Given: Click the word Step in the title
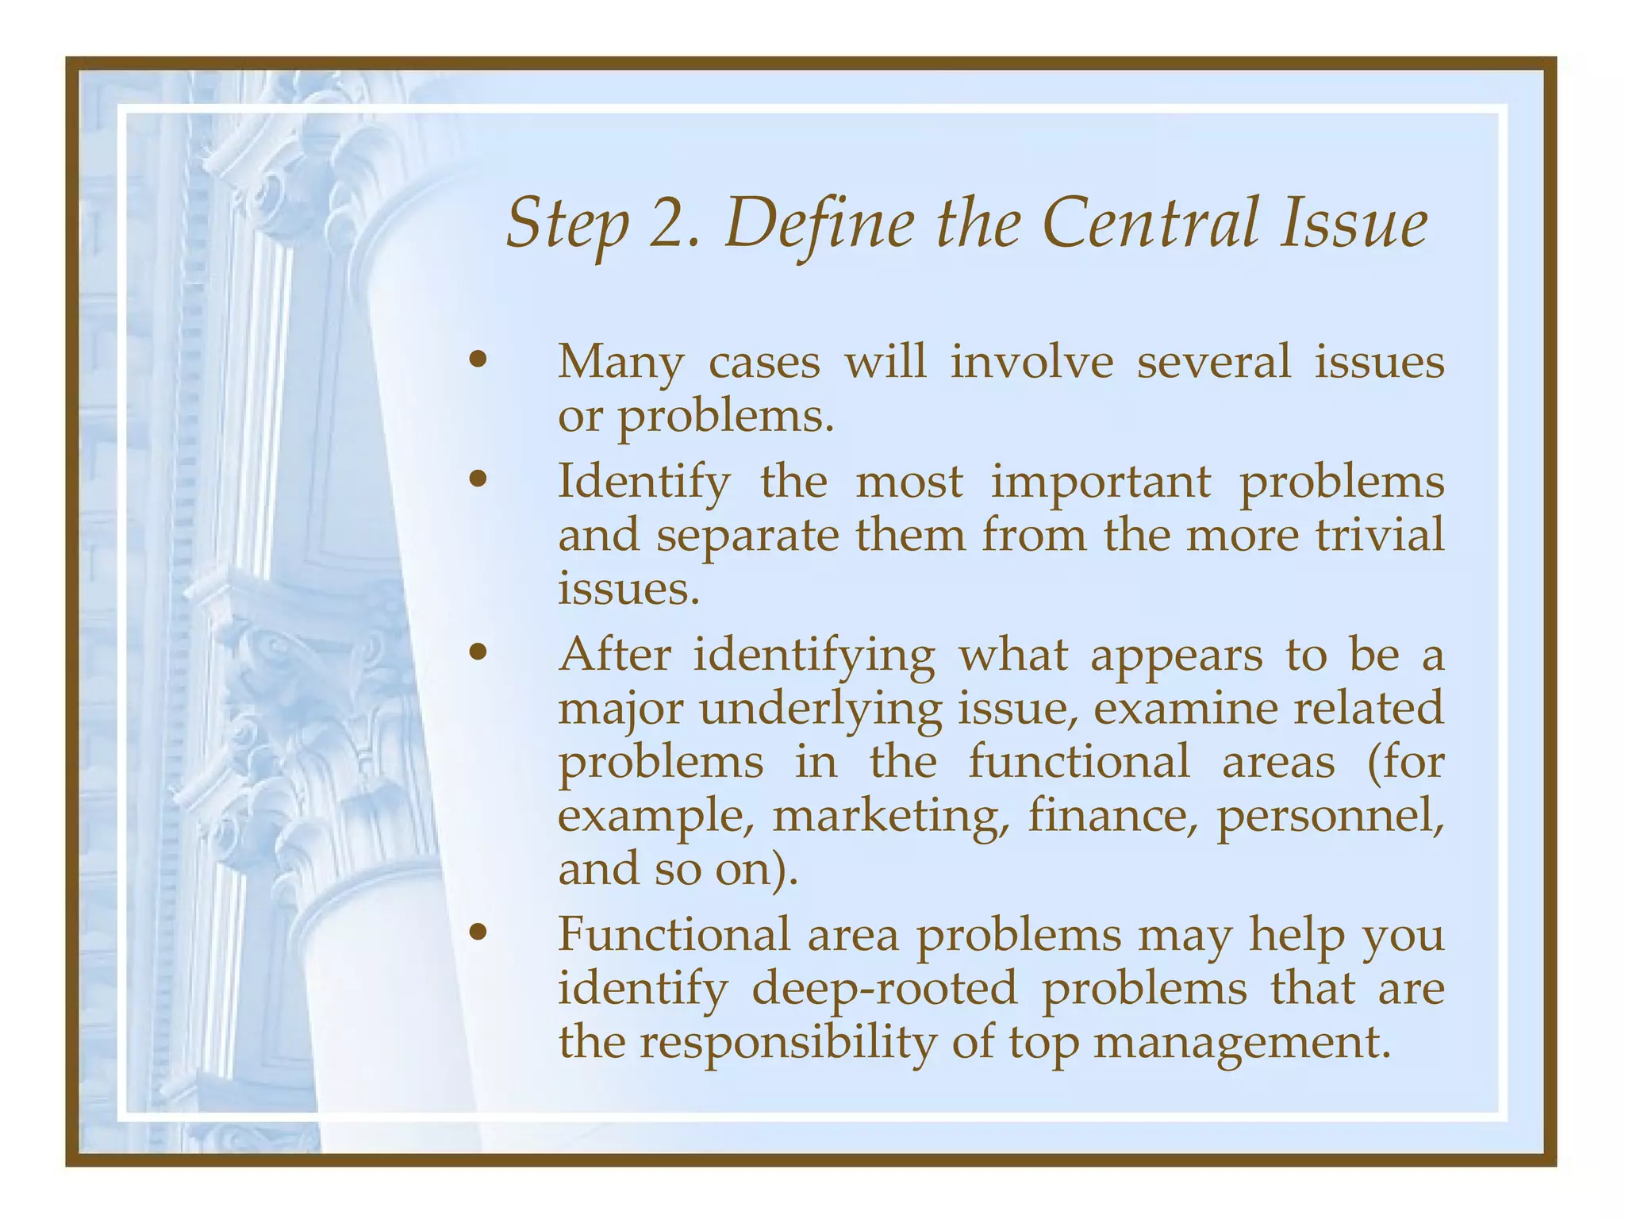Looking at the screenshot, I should click(567, 225).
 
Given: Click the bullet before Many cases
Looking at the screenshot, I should click(477, 361).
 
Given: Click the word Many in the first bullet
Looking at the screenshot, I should click(620, 363).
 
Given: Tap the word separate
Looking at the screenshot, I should click(747, 536).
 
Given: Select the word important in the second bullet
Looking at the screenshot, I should click(1101, 482).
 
